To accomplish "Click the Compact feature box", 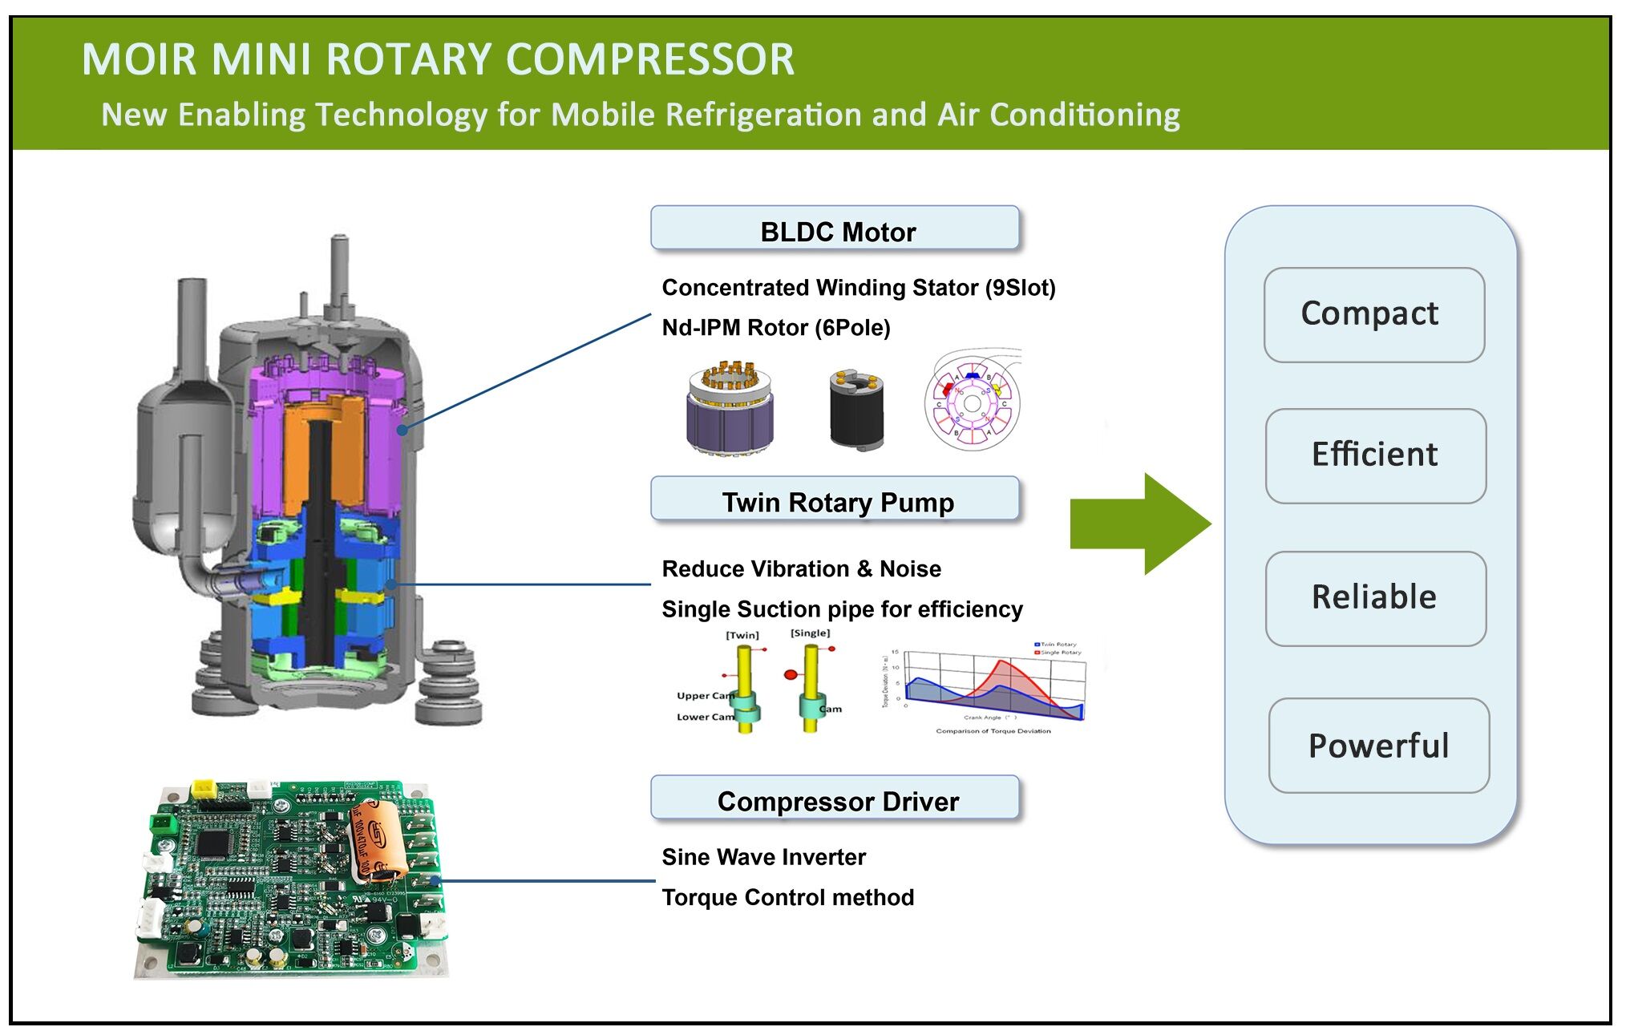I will [1373, 314].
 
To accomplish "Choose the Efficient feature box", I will [1375, 455].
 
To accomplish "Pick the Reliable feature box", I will [1375, 598].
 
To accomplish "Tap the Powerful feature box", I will [1378, 746].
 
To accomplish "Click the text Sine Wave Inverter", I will [763, 857].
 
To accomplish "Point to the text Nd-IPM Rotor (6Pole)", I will [775, 328].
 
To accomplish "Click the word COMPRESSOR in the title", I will [649, 60].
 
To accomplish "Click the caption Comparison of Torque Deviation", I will [993, 731].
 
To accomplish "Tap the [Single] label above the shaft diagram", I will [810, 633].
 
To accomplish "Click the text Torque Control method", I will [787, 897].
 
